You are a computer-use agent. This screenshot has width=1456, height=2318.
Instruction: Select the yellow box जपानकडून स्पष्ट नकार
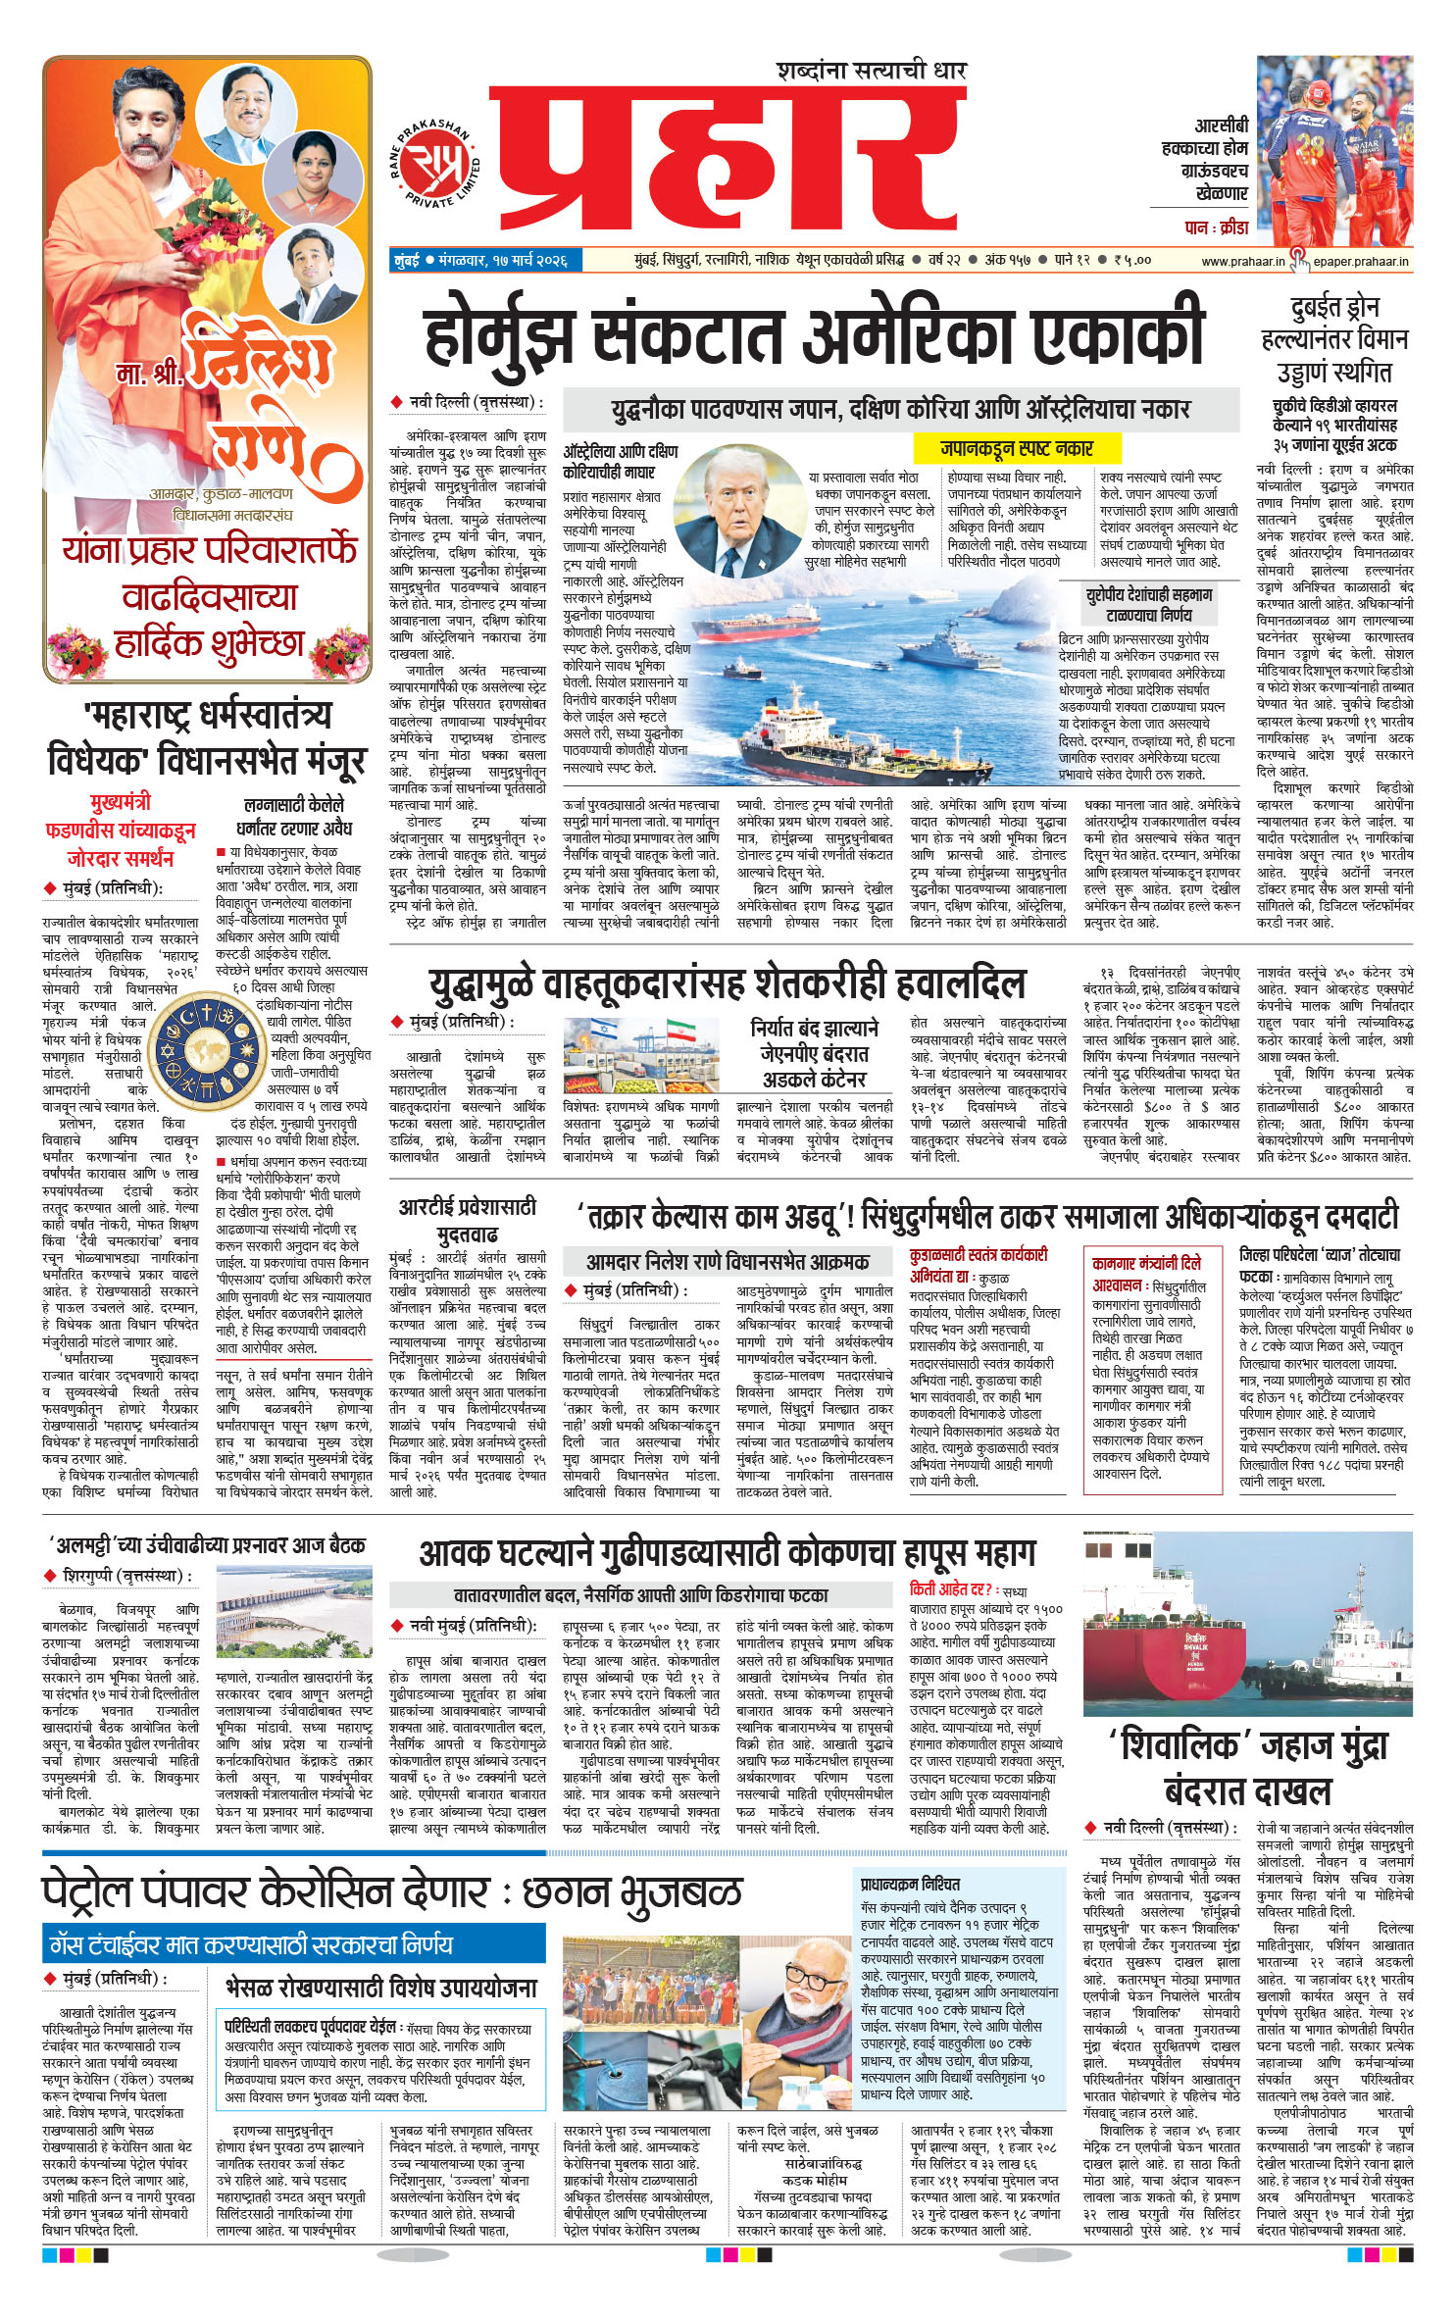(x=1016, y=449)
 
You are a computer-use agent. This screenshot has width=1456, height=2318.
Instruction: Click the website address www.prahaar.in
(x=1242, y=261)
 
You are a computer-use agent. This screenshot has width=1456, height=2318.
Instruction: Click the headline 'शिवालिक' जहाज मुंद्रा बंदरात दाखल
(x=1247, y=1768)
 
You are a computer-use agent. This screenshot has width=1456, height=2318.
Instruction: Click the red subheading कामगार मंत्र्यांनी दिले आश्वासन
(x=1145, y=1272)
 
